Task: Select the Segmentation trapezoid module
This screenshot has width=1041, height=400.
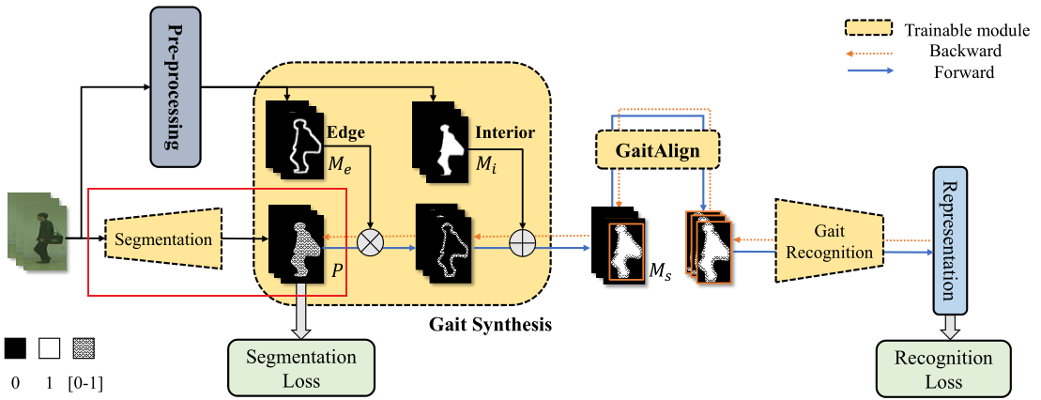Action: [163, 239]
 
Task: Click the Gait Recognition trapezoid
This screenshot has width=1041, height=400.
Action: [828, 240]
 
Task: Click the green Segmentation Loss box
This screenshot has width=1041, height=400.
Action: [300, 367]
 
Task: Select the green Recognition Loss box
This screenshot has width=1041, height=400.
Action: [942, 367]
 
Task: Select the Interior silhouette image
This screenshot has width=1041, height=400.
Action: [441, 139]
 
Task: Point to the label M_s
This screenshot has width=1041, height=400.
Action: [661, 272]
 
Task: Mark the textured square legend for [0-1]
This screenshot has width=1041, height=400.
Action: [84, 348]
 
